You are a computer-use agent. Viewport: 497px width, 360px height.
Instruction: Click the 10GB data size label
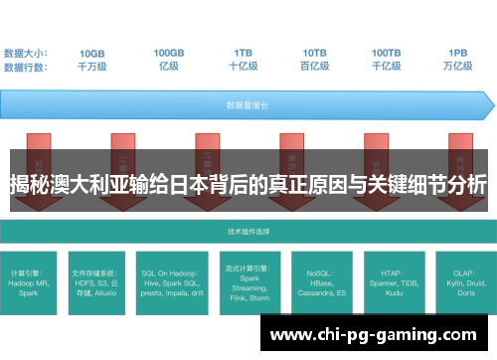pyautogui.click(x=92, y=53)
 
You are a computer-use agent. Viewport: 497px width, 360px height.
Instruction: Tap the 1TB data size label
pyautogui.click(x=243, y=53)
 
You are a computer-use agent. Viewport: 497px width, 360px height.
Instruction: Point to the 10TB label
pyautogui.click(x=315, y=53)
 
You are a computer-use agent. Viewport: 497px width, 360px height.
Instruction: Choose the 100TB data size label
pyautogui.click(x=387, y=53)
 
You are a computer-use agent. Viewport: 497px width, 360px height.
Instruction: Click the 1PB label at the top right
pyautogui.click(x=458, y=53)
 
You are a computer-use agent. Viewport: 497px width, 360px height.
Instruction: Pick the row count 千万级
pyautogui.click(x=92, y=67)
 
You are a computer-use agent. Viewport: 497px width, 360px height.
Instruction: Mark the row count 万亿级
pyautogui.click(x=458, y=67)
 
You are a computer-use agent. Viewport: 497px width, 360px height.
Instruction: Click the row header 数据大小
pyautogui.click(x=26, y=53)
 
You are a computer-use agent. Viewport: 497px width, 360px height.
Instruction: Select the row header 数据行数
pyautogui.click(x=26, y=67)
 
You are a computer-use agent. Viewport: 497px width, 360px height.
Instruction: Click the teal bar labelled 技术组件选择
pyautogui.click(x=248, y=230)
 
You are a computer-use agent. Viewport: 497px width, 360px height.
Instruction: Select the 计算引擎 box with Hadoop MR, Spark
pyautogui.click(x=36, y=280)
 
